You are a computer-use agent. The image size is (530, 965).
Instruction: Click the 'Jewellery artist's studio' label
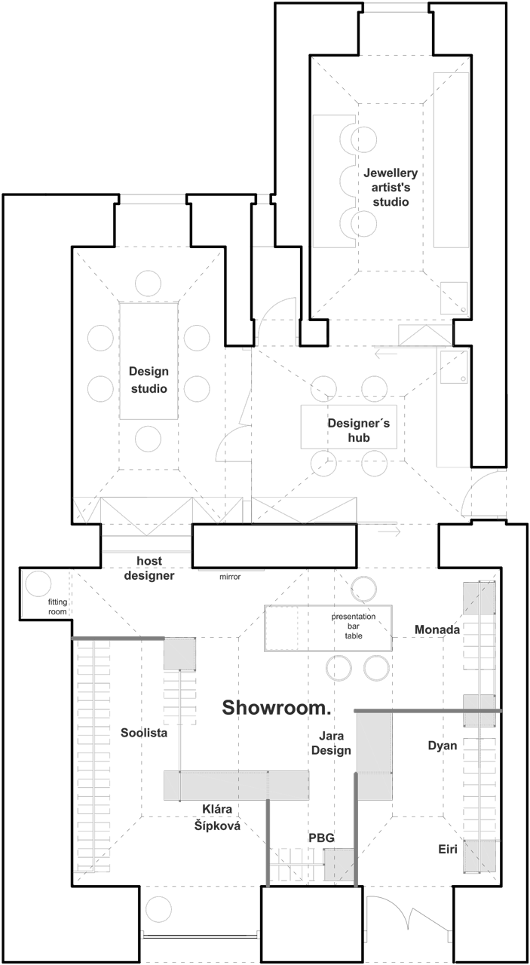pos(391,188)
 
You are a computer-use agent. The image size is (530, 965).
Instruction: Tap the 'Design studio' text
pos(149,380)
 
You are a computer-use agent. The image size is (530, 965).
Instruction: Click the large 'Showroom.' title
pos(277,708)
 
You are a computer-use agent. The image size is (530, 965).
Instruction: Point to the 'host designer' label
pos(149,568)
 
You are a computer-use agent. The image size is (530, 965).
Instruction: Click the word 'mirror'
pos(230,577)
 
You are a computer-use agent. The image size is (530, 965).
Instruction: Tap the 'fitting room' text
pos(58,607)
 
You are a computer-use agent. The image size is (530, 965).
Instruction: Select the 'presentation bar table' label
pos(354,626)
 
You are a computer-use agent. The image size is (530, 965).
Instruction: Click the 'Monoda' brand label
pos(437,630)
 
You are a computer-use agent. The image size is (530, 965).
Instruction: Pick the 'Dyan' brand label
pos(443,746)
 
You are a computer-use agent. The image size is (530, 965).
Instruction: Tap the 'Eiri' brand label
pos(448,850)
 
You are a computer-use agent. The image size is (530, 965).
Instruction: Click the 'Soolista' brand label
pos(144,732)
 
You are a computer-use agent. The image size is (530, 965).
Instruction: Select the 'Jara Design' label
pos(332,743)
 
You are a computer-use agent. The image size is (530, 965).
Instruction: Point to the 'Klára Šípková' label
pos(217,818)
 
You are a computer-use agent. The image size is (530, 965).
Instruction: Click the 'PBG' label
pos(321,838)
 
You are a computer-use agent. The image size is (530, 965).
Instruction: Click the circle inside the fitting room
pos(38,584)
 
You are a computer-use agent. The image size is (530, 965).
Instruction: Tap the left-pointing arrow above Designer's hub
pos(386,353)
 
